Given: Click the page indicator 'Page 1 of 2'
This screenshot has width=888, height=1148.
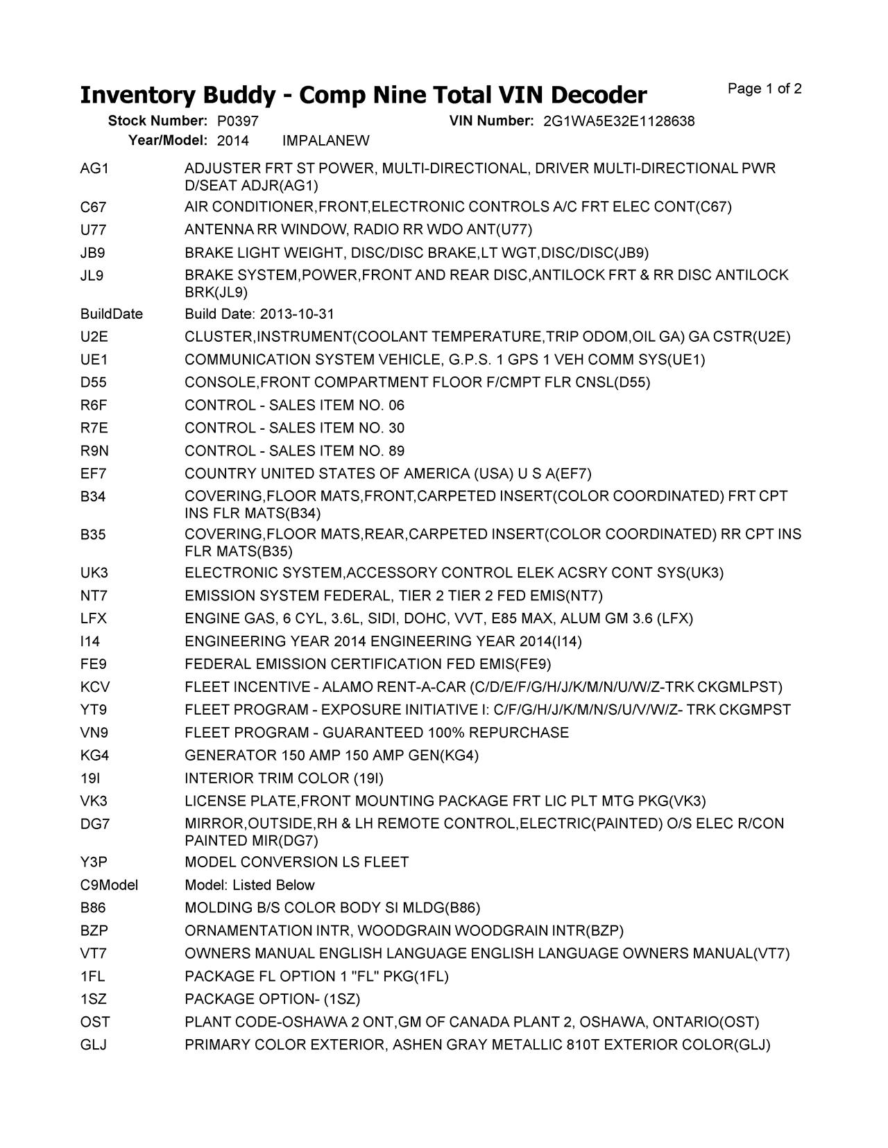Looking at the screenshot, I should tap(765, 89).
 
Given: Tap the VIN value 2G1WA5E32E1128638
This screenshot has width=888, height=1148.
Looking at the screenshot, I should tap(619, 121).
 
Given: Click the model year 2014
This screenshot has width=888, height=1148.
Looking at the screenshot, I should tap(233, 141).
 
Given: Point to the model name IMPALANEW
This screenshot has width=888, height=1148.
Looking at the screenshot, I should tap(326, 141).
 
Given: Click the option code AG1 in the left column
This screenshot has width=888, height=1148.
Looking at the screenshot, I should tap(94, 168).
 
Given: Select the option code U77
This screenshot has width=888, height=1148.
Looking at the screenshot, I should tap(93, 229).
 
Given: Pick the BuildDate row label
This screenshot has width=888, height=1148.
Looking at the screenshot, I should tap(111, 314).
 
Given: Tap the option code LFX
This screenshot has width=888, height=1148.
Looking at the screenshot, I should tap(94, 618).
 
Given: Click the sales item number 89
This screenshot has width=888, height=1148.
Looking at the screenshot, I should tap(396, 451).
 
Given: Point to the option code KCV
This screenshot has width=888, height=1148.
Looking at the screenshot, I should tap(94, 687).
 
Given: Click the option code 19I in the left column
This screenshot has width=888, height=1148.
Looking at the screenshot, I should tap(91, 779).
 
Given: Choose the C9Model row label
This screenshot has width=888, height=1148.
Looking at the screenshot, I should tap(109, 885).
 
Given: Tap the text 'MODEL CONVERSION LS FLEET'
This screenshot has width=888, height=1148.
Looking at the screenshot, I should tap(296, 862).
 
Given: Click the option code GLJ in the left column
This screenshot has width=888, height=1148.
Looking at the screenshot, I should tap(94, 1045).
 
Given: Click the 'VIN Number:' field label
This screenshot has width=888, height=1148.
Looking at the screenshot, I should tap(491, 121).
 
